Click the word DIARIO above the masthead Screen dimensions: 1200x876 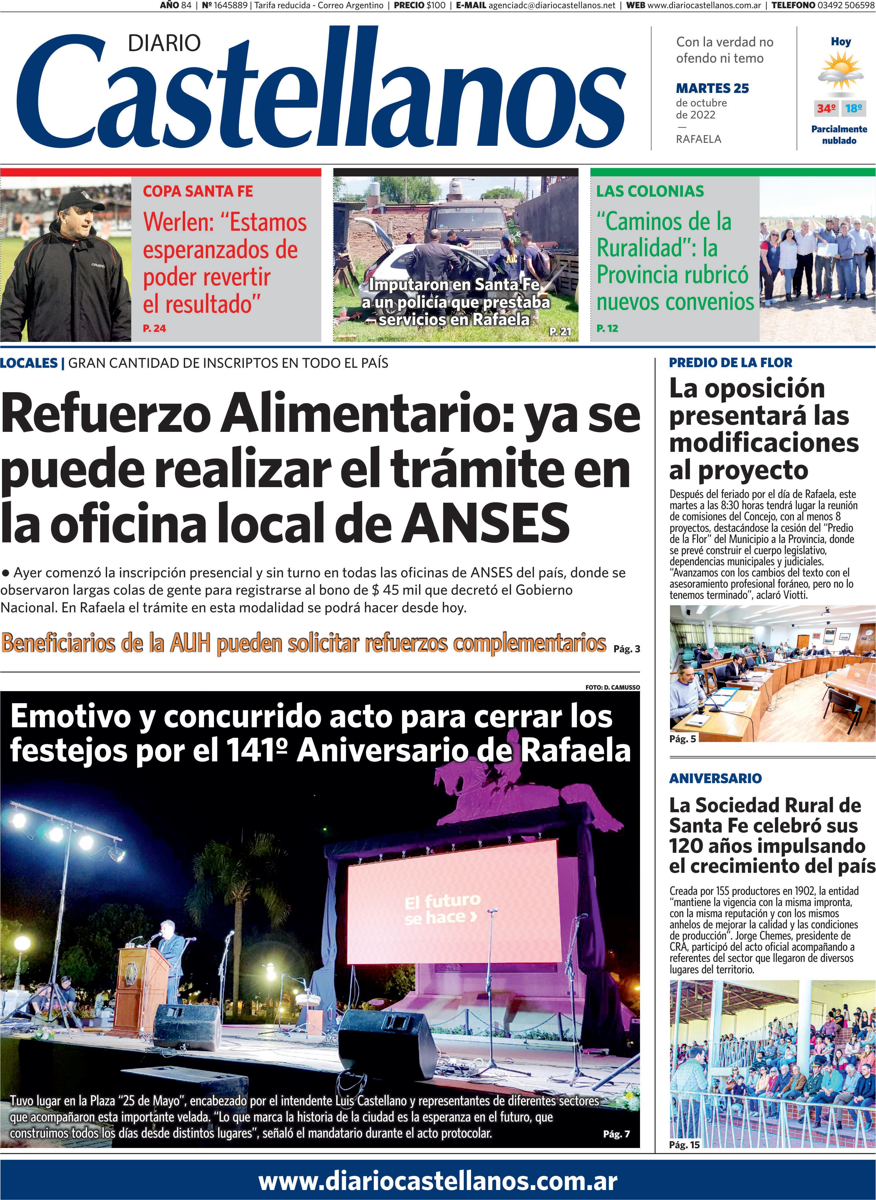coord(164,43)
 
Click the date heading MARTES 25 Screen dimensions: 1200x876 coord(712,88)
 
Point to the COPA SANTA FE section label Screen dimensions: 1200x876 coord(198,191)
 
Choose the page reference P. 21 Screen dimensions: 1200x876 coord(560,332)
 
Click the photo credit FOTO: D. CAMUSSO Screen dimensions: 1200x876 coord(612,687)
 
